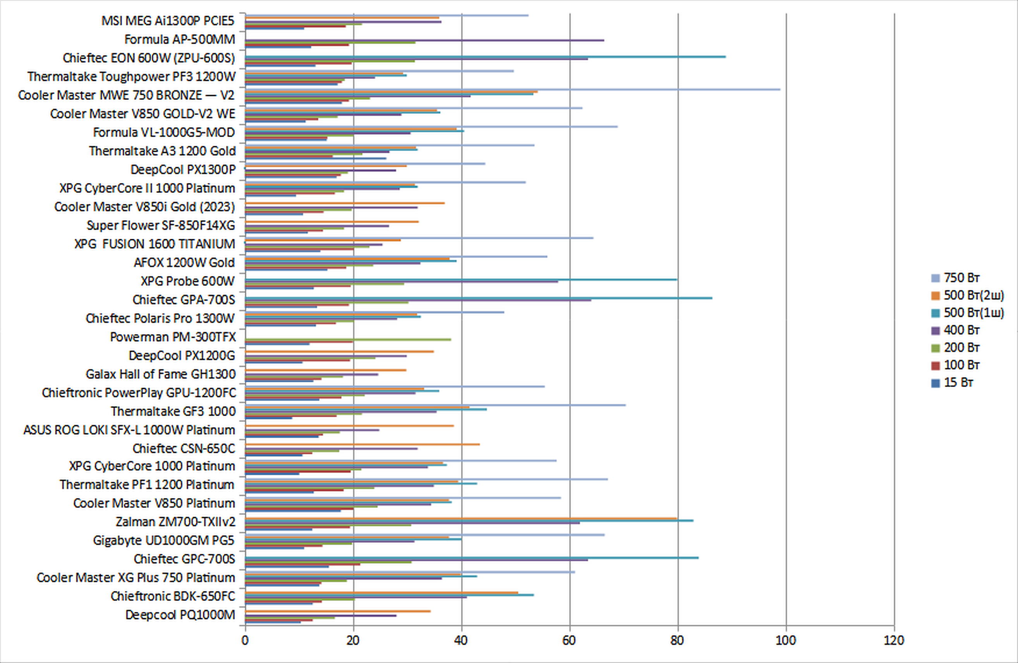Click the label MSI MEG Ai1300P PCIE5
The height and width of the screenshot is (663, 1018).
[x=168, y=21]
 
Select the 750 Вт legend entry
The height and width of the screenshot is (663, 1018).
[x=961, y=278]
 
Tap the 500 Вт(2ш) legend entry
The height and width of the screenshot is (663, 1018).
[x=973, y=295]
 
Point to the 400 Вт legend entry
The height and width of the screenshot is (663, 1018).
[x=961, y=331]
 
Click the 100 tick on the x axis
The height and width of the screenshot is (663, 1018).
[x=786, y=640]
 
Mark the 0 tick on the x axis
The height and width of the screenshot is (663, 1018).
[x=245, y=640]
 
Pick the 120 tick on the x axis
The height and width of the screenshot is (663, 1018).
[x=894, y=640]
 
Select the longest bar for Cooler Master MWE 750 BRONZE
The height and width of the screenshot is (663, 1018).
[x=513, y=89]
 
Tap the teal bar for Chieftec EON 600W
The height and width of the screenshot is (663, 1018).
[x=485, y=57]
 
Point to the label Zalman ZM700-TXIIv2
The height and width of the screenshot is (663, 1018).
[x=175, y=522]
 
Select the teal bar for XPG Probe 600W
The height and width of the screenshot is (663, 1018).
[x=461, y=279]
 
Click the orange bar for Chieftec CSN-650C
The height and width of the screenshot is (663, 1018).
[x=362, y=445]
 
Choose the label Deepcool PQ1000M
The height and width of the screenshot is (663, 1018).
[x=180, y=615]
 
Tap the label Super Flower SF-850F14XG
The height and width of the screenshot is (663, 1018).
[x=161, y=225]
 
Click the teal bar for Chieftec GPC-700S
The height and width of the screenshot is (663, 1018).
[x=472, y=558]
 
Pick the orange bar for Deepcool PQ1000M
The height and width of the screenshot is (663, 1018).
[x=338, y=611]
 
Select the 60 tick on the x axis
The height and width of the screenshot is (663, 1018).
[x=569, y=640]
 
